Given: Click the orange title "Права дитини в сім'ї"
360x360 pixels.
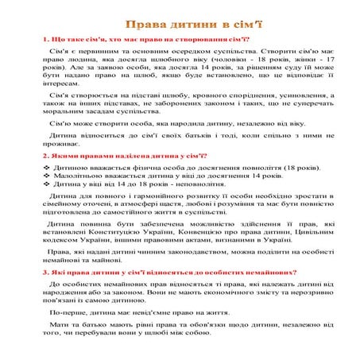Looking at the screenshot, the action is (180, 23).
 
